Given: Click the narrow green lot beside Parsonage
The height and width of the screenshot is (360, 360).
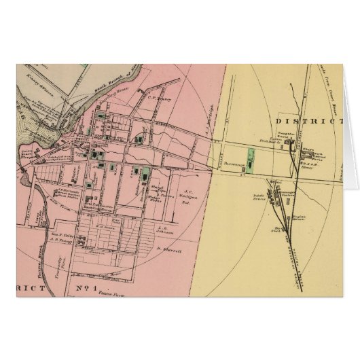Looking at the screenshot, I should pyautogui.click(x=250, y=164).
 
